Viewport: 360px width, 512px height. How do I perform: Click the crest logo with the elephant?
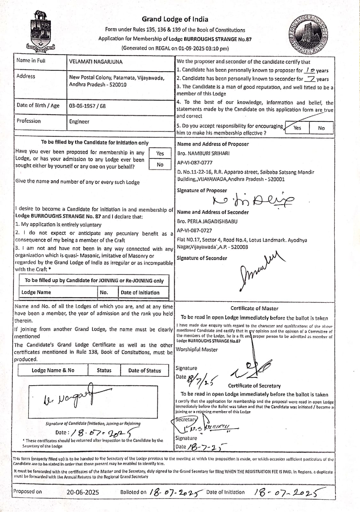[40, 32]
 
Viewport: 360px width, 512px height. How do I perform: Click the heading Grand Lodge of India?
[175, 19]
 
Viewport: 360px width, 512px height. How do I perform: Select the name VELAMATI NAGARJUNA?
[96, 62]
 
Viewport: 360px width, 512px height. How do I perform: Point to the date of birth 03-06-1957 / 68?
[87, 106]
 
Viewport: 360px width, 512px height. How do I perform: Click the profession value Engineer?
[79, 122]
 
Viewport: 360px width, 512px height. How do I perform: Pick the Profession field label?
[29, 121]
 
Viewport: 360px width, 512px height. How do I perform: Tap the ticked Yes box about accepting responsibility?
[297, 128]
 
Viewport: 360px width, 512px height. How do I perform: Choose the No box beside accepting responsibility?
[321, 128]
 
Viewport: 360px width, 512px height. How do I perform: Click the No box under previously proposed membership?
[160, 164]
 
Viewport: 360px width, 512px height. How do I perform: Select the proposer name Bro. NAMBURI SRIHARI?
[203, 153]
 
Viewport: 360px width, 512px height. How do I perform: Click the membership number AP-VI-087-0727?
[194, 230]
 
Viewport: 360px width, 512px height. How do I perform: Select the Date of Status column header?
[145, 371]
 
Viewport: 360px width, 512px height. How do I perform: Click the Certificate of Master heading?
[254, 308]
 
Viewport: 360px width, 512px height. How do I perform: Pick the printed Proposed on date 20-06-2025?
[83, 492]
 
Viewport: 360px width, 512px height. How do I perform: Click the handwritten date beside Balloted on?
[176, 492]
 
